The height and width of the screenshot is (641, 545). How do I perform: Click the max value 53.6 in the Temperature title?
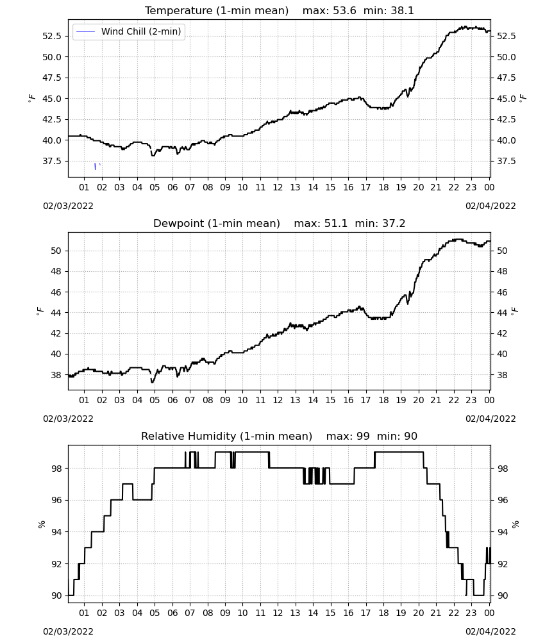[344, 11]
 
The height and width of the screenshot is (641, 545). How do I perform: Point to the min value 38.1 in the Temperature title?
[402, 11]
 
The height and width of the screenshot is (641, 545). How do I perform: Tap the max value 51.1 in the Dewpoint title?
[336, 224]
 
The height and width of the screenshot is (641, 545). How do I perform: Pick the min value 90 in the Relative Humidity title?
[410, 436]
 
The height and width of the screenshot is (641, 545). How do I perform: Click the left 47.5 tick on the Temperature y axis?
[52, 78]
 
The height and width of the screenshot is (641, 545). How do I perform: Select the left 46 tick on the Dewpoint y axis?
[56, 292]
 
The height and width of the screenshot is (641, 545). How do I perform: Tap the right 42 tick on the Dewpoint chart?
[502, 333]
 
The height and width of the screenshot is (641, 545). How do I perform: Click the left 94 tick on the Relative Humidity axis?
[56, 532]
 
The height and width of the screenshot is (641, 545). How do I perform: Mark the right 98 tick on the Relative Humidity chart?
[502, 469]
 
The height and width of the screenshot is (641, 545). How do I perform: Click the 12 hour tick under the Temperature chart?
[278, 187]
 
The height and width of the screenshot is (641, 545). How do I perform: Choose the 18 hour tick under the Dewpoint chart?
[383, 400]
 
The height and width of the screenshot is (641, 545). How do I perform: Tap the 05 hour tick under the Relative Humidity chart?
[155, 613]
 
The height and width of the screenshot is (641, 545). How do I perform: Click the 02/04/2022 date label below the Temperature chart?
[491, 206]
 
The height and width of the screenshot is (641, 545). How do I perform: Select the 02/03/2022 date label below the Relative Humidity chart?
[68, 631]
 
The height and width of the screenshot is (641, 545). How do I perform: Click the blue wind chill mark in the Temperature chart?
[96, 167]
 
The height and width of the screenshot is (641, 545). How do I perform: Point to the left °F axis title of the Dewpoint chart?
[40, 312]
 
